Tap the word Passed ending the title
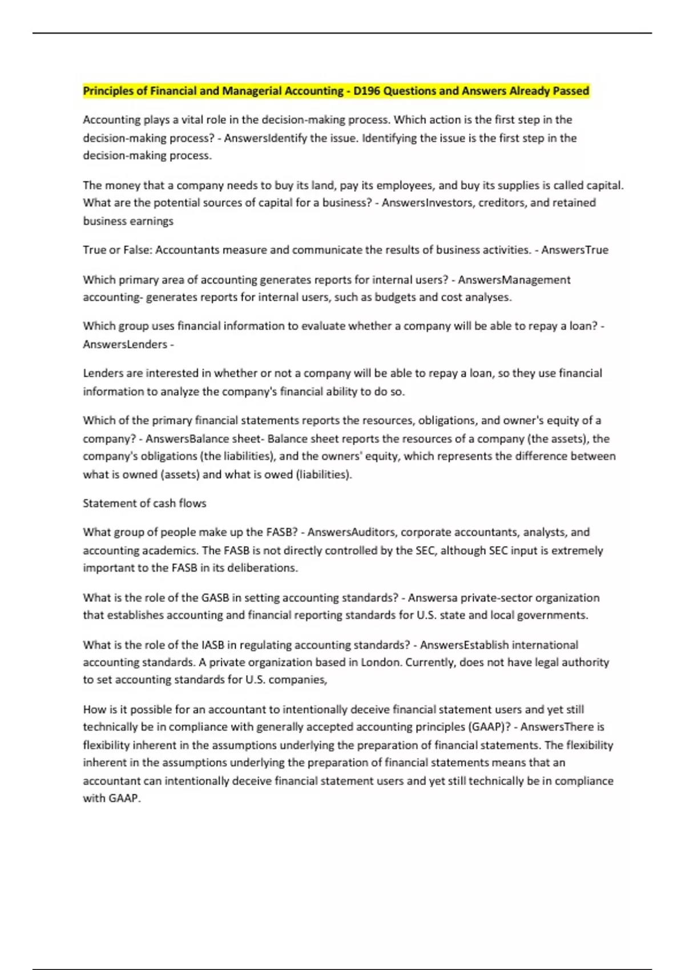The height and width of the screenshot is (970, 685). pos(571,91)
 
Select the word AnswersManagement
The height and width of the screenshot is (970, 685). pos(514,280)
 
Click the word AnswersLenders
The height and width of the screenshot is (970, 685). pos(125,344)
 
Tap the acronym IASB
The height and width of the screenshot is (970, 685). pos(214,645)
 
